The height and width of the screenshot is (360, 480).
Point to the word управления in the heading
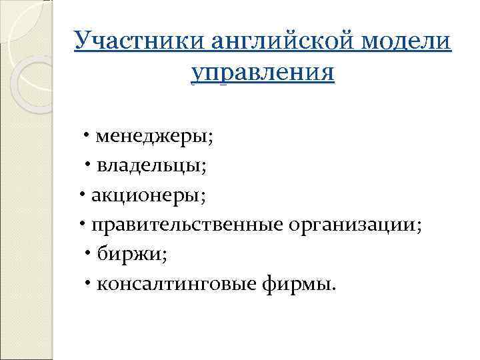pos(263,71)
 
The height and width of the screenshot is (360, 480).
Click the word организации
pos(351,225)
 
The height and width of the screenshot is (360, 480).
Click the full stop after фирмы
pos(335,289)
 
